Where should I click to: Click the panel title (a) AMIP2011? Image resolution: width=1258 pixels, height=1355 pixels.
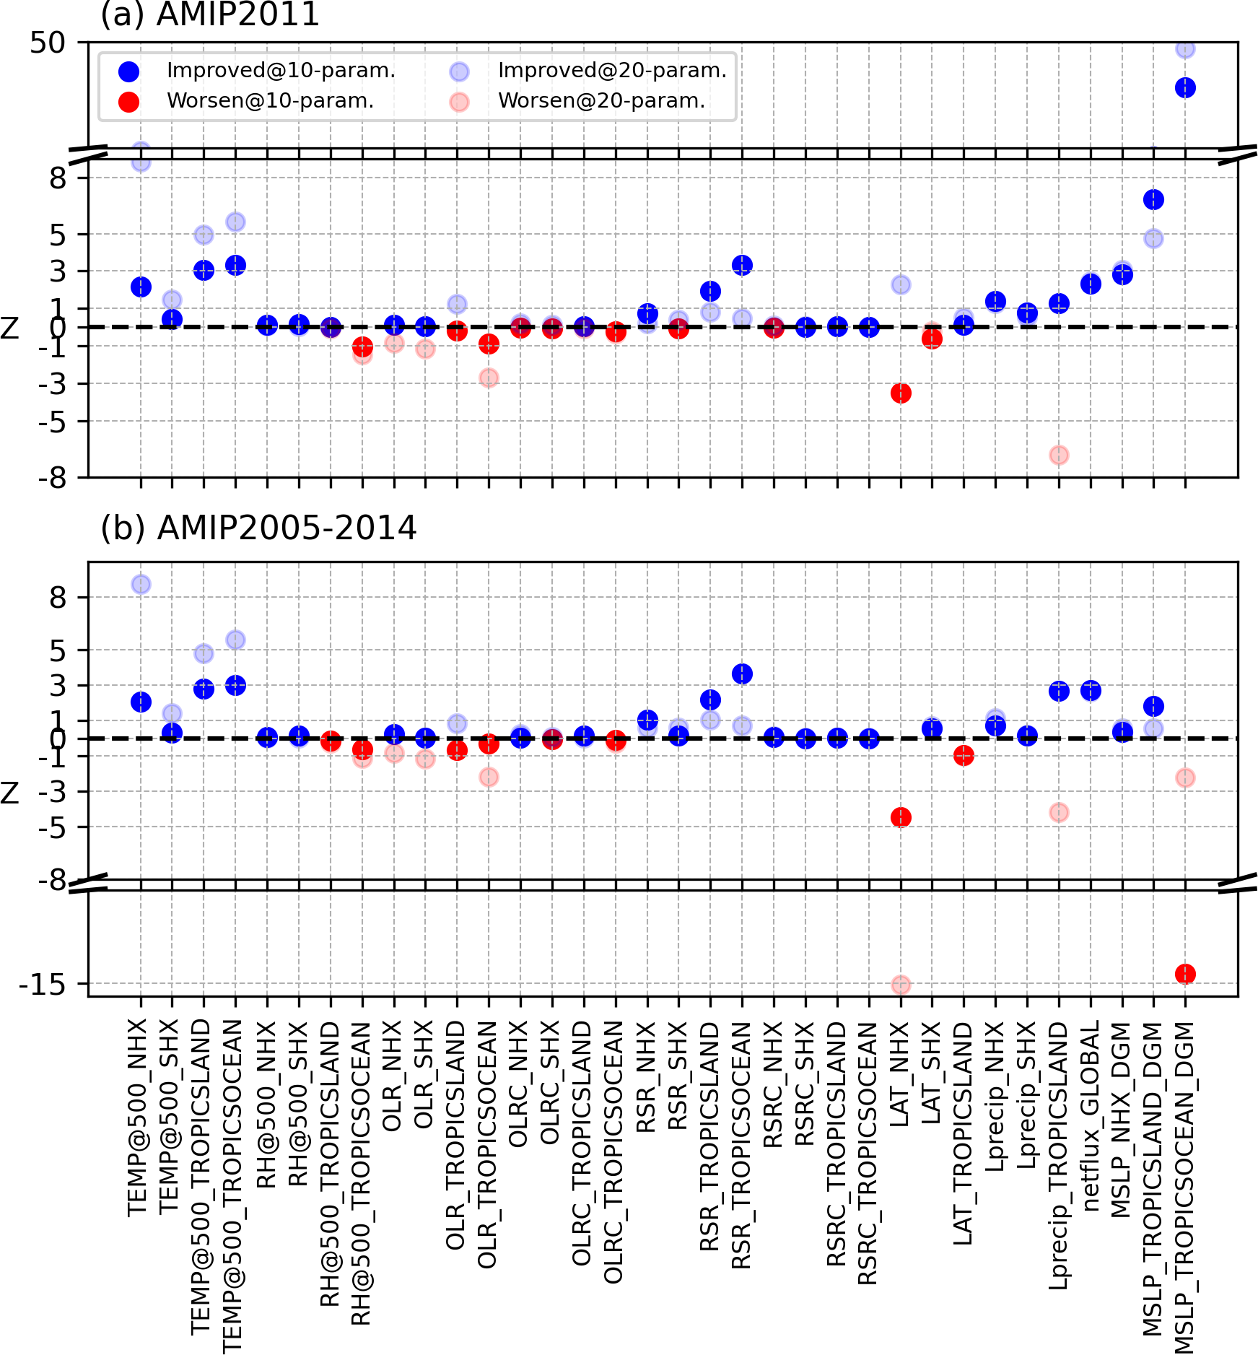click(x=209, y=14)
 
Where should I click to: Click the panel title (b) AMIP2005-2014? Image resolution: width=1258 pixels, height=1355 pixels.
click(x=258, y=528)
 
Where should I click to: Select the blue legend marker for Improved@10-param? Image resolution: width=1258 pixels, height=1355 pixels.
click(x=128, y=71)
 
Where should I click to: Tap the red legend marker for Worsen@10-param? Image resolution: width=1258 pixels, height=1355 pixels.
click(x=128, y=101)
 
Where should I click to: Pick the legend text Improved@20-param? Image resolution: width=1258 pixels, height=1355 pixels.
click(x=612, y=71)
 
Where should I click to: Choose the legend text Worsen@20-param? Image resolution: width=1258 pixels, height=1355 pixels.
click(x=601, y=101)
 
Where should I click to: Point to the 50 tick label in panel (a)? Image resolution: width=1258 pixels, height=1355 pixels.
click(x=48, y=43)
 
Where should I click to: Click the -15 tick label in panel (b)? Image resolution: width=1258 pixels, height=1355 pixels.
click(x=42, y=985)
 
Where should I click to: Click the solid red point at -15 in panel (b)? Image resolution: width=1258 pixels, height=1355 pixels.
click(x=1185, y=974)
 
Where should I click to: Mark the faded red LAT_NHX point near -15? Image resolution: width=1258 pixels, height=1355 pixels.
click(x=901, y=985)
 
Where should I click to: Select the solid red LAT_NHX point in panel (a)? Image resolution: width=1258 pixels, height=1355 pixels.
click(x=901, y=393)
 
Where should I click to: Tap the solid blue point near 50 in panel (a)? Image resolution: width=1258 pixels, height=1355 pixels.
click(x=1185, y=88)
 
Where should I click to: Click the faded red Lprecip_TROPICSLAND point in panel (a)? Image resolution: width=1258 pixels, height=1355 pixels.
click(x=1059, y=455)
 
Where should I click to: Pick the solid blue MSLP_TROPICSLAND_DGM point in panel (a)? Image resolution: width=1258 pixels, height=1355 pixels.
click(x=1153, y=199)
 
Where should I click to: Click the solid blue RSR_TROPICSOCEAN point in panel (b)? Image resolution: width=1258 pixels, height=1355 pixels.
click(x=742, y=674)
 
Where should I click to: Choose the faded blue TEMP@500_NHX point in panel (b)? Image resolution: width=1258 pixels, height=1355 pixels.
click(x=141, y=584)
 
